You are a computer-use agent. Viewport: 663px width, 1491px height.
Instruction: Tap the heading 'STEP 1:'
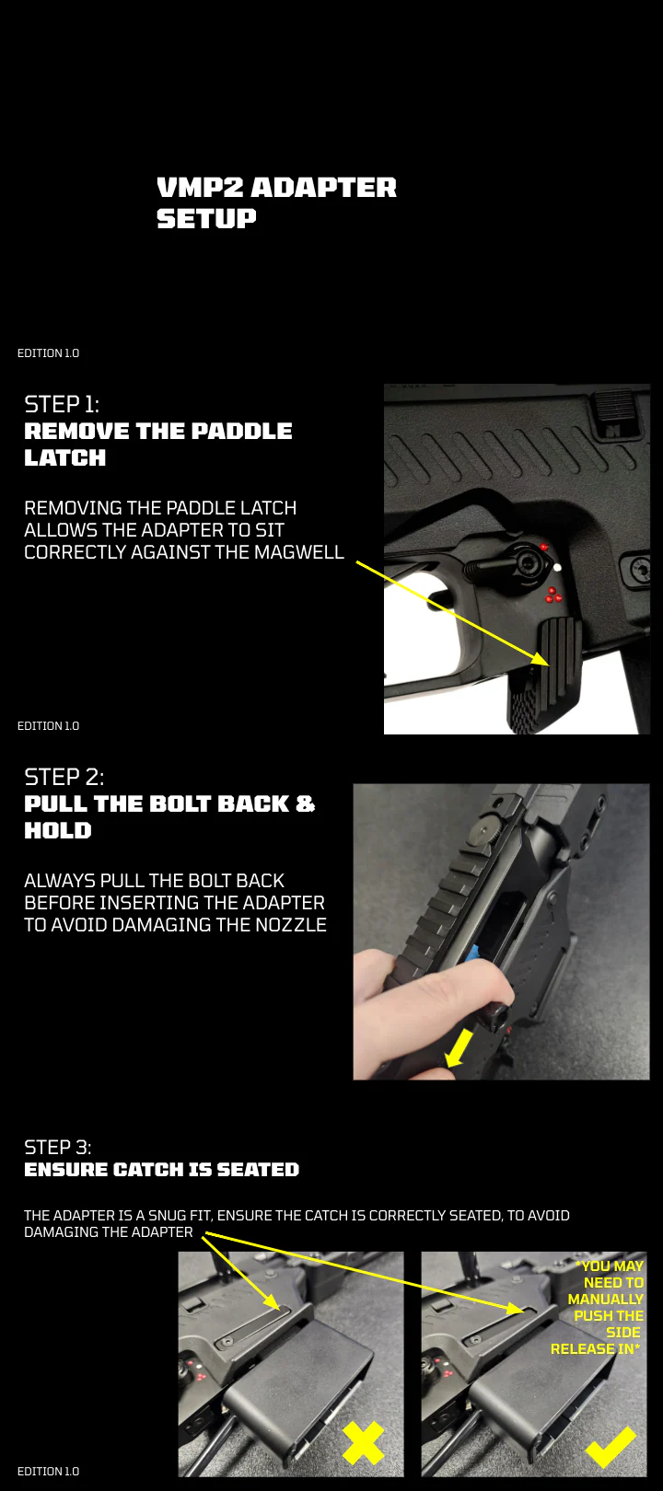[62, 404]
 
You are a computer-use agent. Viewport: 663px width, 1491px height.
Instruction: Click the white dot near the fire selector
[557, 568]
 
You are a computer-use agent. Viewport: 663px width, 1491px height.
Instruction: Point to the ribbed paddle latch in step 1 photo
[559, 656]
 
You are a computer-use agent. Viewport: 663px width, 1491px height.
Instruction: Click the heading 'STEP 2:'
[64, 777]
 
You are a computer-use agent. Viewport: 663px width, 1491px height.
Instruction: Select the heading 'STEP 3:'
[58, 1147]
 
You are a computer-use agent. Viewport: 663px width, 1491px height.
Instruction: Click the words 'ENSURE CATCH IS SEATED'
[162, 1170]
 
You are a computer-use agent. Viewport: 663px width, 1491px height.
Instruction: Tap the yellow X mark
[363, 1443]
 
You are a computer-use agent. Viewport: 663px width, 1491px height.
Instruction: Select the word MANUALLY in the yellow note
[606, 1300]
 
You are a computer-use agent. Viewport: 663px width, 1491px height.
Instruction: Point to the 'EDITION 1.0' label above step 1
[48, 353]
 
